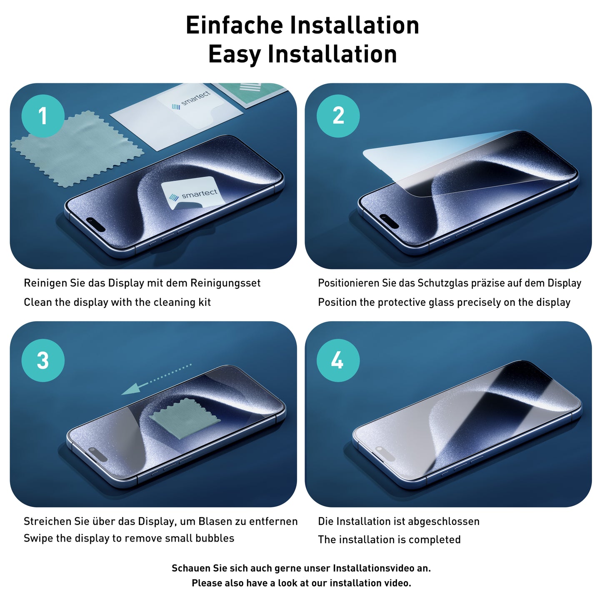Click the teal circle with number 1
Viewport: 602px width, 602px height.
[43, 116]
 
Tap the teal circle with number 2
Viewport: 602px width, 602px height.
[338, 116]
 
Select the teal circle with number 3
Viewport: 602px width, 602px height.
[43, 360]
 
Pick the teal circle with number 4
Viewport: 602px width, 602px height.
[338, 360]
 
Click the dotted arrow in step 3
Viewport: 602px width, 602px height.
[156, 379]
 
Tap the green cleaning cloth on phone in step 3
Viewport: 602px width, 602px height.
[185, 418]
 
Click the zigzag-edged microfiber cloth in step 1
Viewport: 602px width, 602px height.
[77, 150]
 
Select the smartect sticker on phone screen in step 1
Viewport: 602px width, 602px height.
[192, 193]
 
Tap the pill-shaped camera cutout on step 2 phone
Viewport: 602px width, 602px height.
[389, 221]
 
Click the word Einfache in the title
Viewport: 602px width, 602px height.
[235, 25]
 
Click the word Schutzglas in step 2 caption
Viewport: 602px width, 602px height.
[443, 283]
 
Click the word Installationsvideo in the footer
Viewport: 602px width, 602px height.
[377, 568]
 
